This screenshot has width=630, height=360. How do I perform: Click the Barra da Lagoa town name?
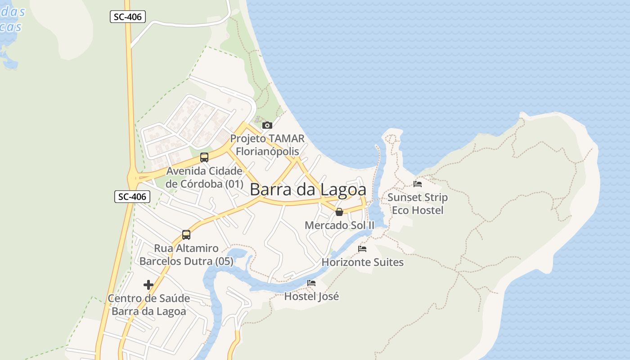tap(308, 189)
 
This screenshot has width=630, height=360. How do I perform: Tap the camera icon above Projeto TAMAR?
tap(267, 125)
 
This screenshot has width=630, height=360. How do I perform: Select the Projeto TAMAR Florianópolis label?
tap(267, 145)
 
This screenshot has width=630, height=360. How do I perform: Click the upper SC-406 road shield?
tap(127, 17)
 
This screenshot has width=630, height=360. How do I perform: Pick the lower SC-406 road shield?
tap(132, 197)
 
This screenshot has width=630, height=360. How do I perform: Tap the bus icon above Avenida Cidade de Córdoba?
tap(204, 157)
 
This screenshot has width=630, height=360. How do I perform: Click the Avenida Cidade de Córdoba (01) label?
tap(204, 177)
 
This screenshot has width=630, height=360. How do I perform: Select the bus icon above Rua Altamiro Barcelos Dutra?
tap(186, 234)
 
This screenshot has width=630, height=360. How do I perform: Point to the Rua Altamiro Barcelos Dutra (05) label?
tap(186, 255)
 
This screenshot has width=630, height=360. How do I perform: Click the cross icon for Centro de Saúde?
tap(148, 285)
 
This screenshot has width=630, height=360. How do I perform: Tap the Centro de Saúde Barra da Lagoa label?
tap(148, 305)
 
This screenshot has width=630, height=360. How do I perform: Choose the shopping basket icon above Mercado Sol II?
tap(339, 211)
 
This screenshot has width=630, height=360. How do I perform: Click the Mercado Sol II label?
tap(339, 225)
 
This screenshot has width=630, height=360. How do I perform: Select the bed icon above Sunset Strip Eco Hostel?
tap(418, 184)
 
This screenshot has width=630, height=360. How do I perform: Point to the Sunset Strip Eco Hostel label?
tap(418, 203)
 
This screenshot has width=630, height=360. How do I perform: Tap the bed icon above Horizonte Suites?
tap(362, 249)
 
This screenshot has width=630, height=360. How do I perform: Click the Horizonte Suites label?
tap(362, 262)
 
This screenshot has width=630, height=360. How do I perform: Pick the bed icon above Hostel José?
tap(311, 283)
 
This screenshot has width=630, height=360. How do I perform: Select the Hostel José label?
tap(311, 296)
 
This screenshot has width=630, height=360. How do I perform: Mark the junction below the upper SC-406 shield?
tap(130, 46)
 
